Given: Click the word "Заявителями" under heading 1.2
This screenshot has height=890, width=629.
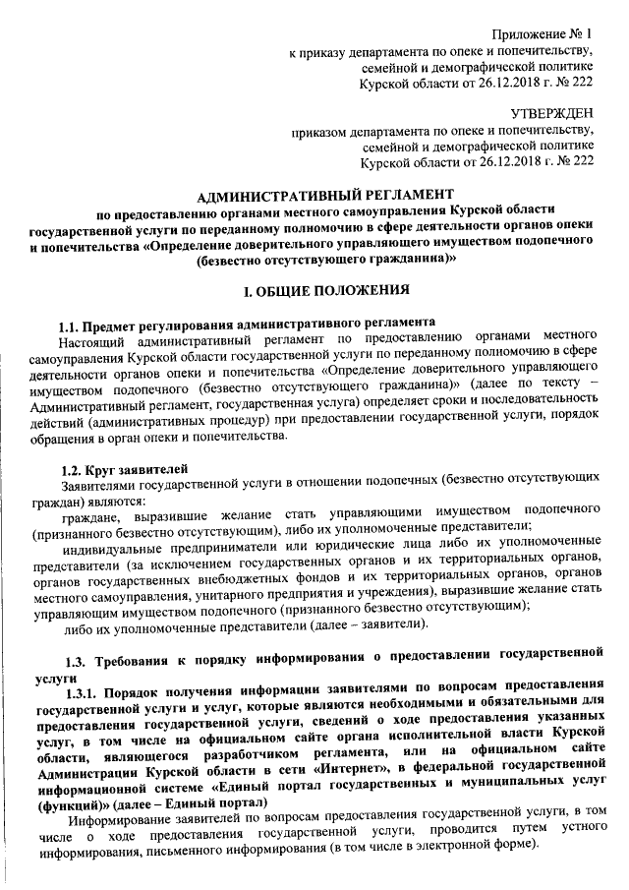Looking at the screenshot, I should [x=98, y=486].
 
